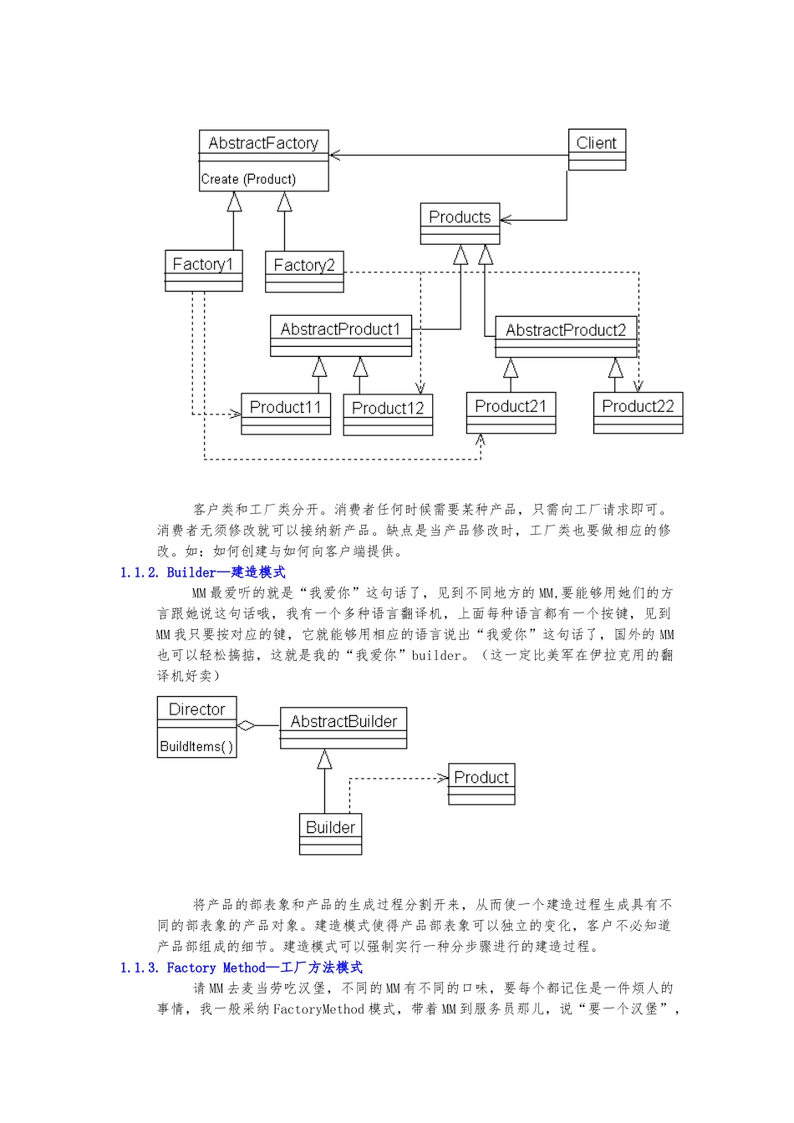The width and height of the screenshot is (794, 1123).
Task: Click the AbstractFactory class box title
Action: [263, 143]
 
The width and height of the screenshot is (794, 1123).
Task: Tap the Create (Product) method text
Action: [248, 179]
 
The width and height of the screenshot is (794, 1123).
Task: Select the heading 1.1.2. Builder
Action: [202, 572]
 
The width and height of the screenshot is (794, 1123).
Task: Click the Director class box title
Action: [196, 709]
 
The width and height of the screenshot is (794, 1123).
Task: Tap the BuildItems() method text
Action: [196, 746]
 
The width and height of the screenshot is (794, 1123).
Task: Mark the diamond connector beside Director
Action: [247, 725]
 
